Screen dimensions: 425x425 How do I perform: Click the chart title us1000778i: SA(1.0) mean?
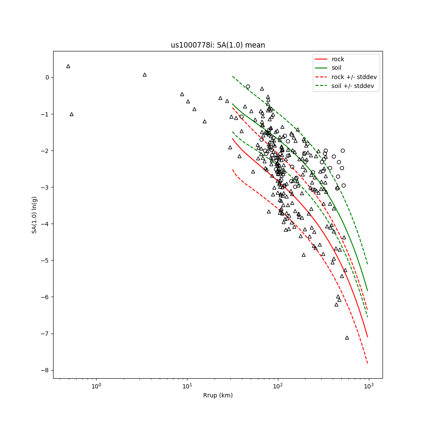[218, 45]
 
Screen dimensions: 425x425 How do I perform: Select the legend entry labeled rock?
[338, 59]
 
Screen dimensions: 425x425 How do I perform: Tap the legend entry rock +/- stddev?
[354, 77]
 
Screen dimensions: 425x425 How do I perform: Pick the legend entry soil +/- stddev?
[353, 86]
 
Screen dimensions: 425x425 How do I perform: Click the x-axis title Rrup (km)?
[218, 395]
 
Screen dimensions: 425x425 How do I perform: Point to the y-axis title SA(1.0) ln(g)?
[34, 215]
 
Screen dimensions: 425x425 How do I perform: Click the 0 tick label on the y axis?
[47, 77]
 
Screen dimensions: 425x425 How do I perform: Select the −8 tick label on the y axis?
[45, 370]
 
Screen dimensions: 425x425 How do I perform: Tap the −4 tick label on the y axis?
[45, 224]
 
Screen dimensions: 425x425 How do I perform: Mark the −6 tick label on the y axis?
[45, 297]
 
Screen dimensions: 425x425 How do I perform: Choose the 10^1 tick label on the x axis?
[187, 386]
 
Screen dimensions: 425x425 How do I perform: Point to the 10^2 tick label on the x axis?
[278, 386]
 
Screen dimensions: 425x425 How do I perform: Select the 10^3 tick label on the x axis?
[368, 386]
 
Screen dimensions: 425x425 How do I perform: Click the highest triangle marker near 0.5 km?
[68, 66]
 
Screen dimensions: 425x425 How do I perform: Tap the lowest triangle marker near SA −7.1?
[347, 338]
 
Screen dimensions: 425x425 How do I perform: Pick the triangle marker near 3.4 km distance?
[144, 75]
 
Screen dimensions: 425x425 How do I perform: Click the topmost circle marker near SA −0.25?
[248, 86]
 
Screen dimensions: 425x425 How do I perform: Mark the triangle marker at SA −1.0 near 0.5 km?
[71, 114]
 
